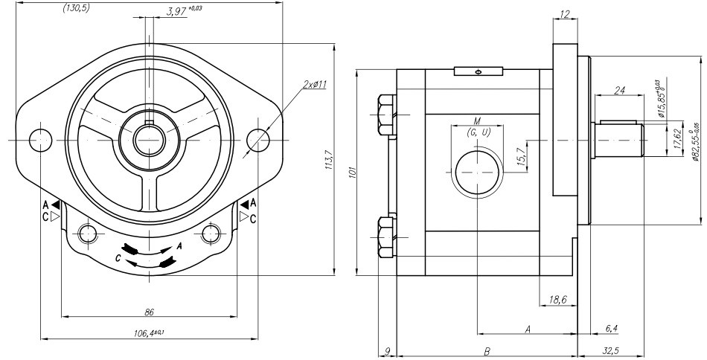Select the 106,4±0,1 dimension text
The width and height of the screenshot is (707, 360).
tap(149, 332)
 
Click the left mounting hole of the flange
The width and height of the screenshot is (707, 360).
tap(41, 139)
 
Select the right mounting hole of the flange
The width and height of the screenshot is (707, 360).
tap(257, 139)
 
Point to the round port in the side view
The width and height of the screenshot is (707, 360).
tap(477, 172)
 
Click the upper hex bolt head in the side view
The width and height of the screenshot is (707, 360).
tap(387, 115)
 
